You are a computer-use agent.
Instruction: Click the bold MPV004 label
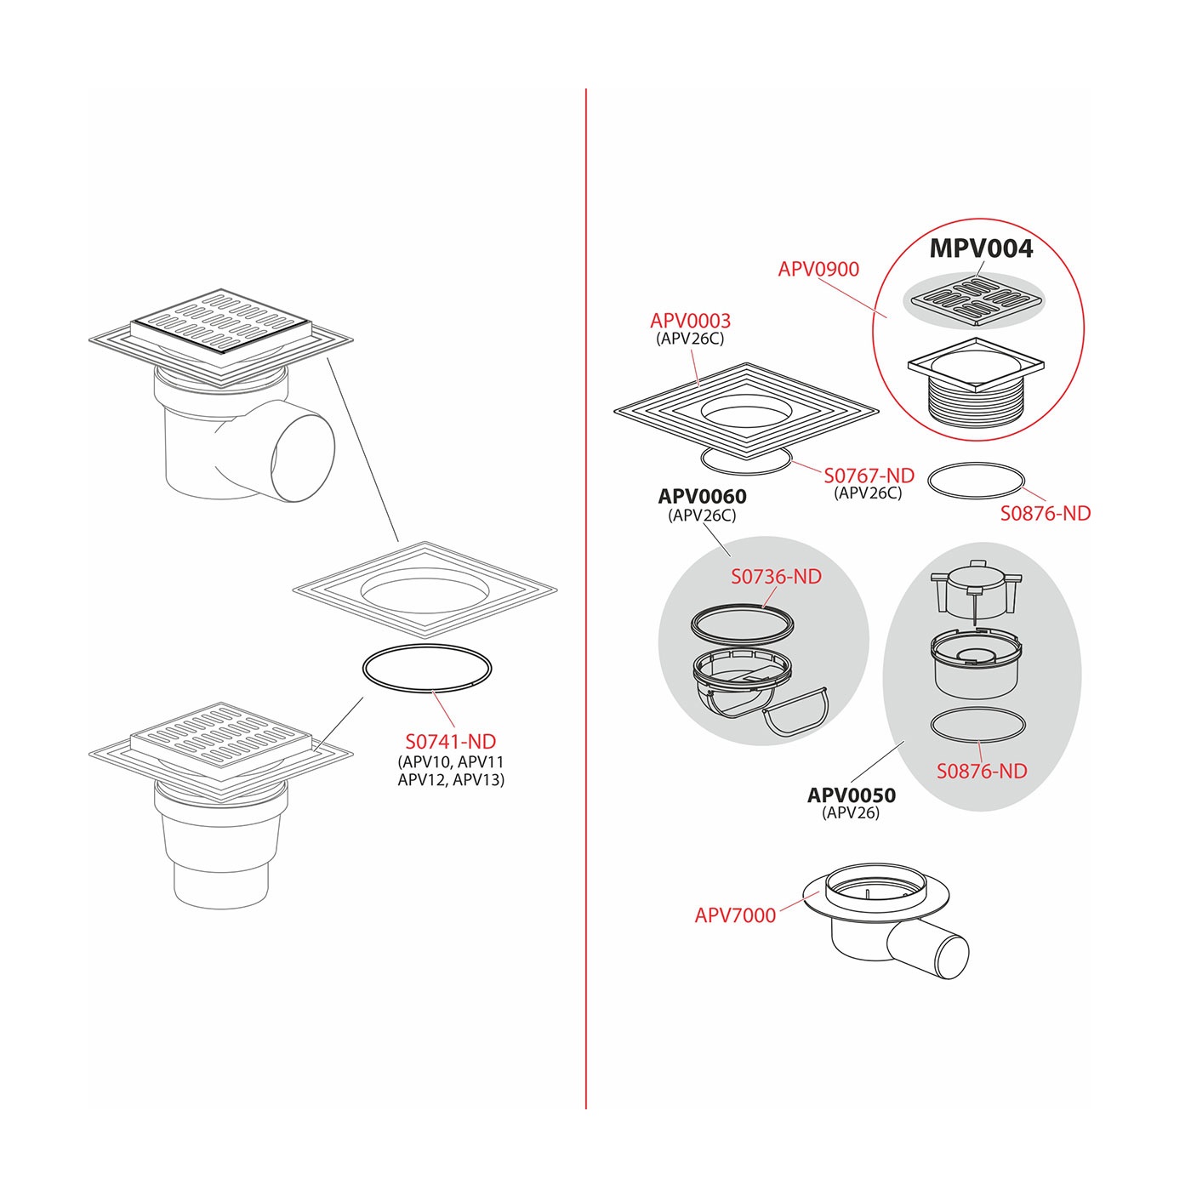click(981, 248)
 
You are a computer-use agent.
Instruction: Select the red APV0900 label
click(818, 270)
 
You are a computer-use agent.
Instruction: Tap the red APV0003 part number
click(690, 321)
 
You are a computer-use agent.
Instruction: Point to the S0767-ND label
click(869, 476)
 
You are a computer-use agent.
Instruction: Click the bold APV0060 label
click(702, 496)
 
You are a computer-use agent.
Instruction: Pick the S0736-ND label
click(777, 577)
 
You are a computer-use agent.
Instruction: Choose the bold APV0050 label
click(851, 795)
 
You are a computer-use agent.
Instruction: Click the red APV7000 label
click(735, 915)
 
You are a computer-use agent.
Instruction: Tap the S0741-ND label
click(451, 741)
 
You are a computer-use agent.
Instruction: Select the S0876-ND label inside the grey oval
click(982, 771)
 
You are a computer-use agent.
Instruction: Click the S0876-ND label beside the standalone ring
click(1046, 513)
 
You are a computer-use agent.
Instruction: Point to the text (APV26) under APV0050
click(851, 812)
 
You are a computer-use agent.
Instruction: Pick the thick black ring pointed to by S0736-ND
click(742, 626)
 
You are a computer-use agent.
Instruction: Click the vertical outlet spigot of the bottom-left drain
click(221, 885)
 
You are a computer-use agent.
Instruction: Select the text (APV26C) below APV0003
click(690, 339)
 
